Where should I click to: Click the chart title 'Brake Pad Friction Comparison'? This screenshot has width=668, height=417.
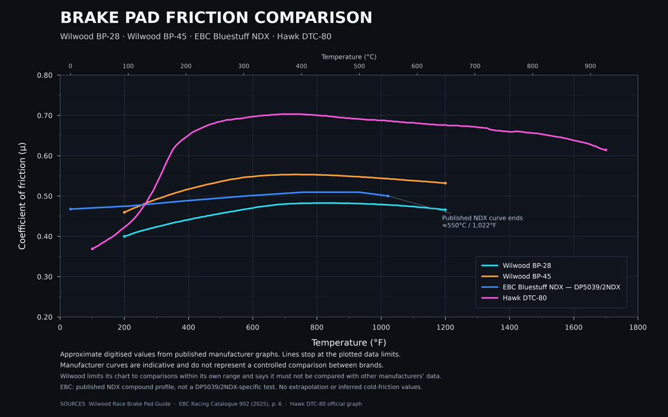pos(216,18)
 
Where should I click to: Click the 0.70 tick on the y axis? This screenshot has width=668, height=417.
pos(46,116)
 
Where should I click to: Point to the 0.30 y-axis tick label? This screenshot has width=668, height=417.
pos(46,276)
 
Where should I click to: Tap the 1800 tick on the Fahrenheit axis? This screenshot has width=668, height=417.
pos(638,327)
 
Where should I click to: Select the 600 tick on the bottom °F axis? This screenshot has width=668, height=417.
pos(252,327)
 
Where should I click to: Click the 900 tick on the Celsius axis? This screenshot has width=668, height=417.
pos(590,66)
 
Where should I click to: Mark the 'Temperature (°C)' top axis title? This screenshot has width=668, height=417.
pos(349,57)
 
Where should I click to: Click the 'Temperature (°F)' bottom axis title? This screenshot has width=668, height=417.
pos(349,343)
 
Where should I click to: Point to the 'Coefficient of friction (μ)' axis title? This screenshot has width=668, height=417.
pos(22,195)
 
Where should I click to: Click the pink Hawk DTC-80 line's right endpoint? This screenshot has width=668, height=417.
pos(606,150)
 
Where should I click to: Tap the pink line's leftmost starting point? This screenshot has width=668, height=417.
pos(92,249)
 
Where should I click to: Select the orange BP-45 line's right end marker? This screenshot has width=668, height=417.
pos(445,183)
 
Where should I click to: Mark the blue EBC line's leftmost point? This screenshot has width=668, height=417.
pos(70,209)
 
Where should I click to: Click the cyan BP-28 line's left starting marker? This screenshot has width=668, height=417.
pos(125,236)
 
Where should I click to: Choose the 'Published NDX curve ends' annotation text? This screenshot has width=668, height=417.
pos(482,218)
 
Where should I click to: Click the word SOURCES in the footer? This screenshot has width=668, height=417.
pos(72,404)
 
